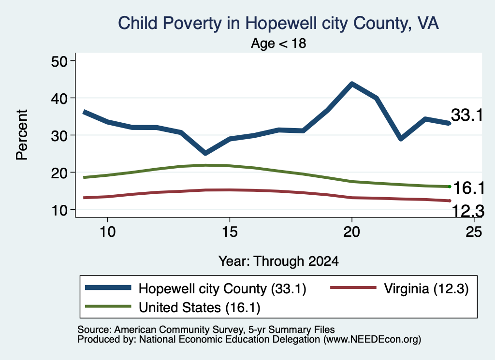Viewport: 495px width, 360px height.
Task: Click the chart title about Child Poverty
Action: (278, 23)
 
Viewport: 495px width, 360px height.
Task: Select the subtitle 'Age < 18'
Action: (278, 43)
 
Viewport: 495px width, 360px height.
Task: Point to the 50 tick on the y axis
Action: (59, 61)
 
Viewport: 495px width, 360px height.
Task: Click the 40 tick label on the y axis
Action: (59, 98)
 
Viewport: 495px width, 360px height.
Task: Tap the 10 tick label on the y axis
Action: (59, 210)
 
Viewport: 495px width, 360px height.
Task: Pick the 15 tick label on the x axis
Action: (230, 232)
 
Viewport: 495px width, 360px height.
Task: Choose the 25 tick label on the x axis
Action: (474, 232)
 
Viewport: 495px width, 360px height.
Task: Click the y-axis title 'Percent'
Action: (22, 135)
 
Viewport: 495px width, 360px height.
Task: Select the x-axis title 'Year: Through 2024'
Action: (278, 261)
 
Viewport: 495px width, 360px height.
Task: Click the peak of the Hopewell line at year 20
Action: (352, 84)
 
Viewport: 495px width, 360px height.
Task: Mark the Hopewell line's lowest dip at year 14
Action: (205, 153)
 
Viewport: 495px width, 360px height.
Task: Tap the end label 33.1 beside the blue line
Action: (467, 115)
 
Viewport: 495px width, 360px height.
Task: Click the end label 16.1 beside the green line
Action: (469, 188)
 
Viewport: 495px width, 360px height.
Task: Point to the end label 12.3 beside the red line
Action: (468, 211)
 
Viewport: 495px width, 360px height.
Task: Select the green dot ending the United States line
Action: (450, 187)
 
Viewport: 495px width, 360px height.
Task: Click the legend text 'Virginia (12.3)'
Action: (426, 288)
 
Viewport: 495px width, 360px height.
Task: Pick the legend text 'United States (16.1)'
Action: (200, 307)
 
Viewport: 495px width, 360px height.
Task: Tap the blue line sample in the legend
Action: (108, 288)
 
